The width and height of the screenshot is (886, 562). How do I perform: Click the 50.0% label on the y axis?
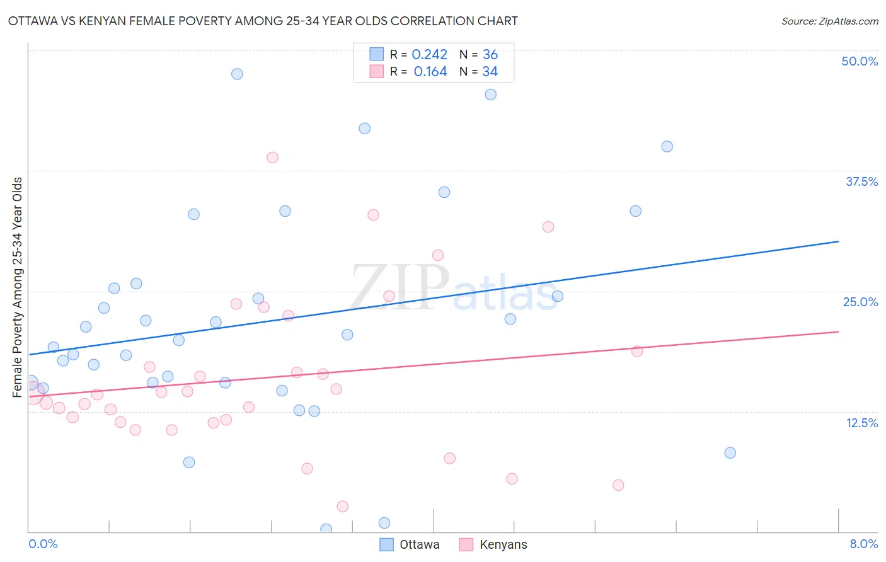(860, 61)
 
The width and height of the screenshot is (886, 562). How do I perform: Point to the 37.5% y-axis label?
(861, 181)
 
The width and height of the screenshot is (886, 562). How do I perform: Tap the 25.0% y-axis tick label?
(860, 302)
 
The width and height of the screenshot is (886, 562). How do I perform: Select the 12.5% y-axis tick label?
(861, 423)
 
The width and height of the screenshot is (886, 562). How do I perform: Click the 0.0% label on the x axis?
(43, 544)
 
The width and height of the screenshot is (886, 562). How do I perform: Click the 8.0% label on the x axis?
(863, 544)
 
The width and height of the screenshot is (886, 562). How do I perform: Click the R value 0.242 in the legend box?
(429, 55)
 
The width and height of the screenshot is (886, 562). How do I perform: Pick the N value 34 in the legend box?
(490, 72)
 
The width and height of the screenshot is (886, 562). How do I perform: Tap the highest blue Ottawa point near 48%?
(237, 74)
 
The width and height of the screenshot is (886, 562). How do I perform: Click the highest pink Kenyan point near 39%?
(272, 158)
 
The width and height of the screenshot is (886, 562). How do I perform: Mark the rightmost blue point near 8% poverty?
(730, 452)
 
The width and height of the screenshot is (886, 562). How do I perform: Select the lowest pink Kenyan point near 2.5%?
(342, 506)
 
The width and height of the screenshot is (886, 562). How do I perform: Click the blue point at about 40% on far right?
(667, 146)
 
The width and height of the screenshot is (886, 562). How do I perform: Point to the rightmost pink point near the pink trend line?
(637, 351)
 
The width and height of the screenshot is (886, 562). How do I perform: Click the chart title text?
(263, 21)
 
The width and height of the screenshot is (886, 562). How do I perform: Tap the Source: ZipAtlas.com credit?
(829, 21)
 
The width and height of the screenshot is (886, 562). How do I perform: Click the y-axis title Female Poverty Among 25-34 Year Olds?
(18, 287)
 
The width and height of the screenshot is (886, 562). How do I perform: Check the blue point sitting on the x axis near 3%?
(326, 529)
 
